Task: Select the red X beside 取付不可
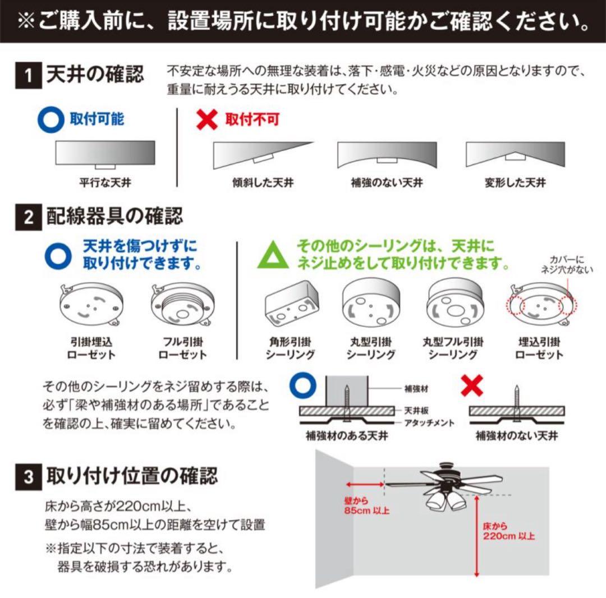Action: click(x=208, y=119)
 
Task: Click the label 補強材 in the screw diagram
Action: click(x=416, y=388)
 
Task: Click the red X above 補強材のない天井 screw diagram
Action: click(x=471, y=386)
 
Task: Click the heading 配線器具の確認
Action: click(x=114, y=217)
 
